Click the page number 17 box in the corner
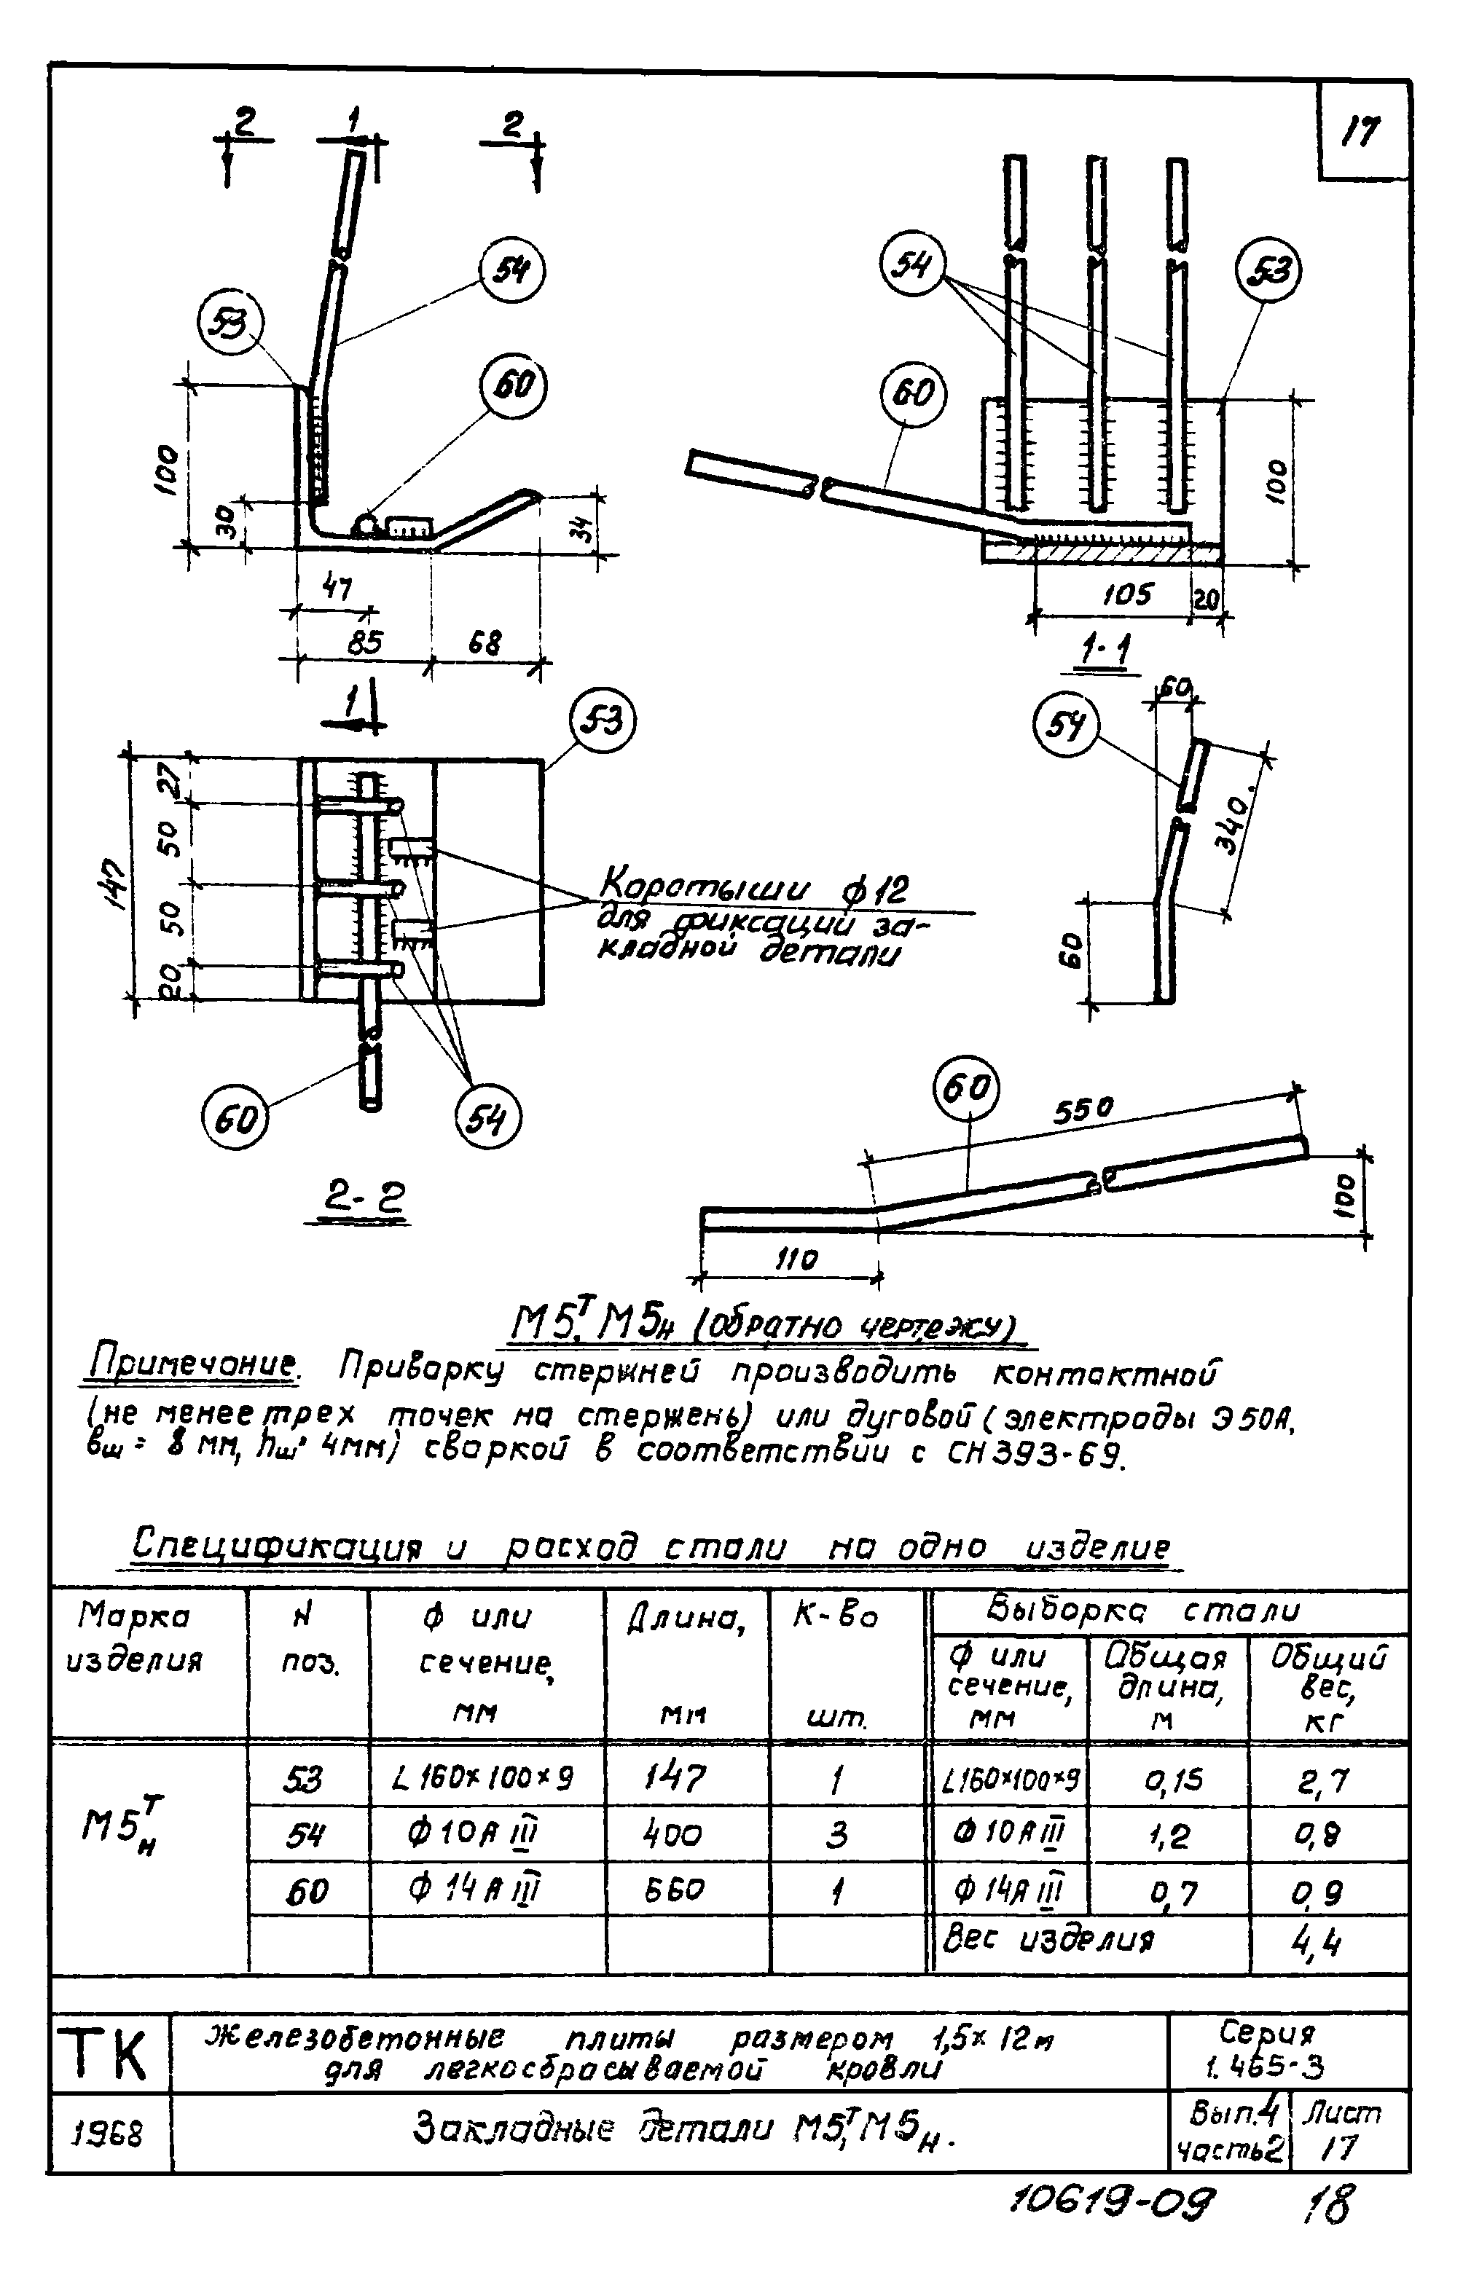pyautogui.click(x=1361, y=131)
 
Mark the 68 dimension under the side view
pyautogui.click(x=484, y=643)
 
